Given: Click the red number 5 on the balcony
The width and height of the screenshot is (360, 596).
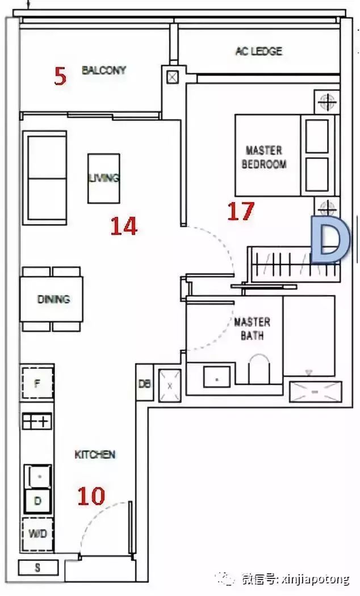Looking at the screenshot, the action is pos(60,76).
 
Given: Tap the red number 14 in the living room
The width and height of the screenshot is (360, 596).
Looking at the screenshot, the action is pos(124,226).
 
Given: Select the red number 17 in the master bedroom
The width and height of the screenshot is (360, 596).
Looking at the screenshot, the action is pos(241,211).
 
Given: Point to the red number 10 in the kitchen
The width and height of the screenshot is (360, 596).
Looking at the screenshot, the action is pos(91,496).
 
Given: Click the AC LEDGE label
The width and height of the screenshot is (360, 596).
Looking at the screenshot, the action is pos(259,51).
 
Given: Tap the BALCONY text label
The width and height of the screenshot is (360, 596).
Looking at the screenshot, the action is pos(104,70).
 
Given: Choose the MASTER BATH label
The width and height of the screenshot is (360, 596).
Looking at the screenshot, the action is pos(252,329).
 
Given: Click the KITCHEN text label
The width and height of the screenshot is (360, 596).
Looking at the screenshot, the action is pos(95,454).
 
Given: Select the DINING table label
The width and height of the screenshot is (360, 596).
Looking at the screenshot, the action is pos(53,299).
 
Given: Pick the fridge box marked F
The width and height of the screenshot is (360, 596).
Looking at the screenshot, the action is pos(37,383).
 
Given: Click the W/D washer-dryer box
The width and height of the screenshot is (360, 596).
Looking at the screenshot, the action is pos(37,534).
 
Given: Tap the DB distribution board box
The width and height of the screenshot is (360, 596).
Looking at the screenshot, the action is pos(144,383).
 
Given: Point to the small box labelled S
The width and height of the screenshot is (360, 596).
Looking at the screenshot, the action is pos(38,568).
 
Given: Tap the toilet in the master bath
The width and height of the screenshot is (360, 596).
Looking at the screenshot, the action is pos(259,368).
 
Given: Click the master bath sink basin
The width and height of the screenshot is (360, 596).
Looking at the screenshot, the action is pos(217,377).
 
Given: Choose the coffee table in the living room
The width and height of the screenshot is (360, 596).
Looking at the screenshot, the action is pos(104,178).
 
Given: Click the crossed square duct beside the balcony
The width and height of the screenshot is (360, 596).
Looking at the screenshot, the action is pos(173,78).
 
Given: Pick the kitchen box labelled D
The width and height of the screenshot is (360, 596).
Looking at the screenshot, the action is pos(37,501).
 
